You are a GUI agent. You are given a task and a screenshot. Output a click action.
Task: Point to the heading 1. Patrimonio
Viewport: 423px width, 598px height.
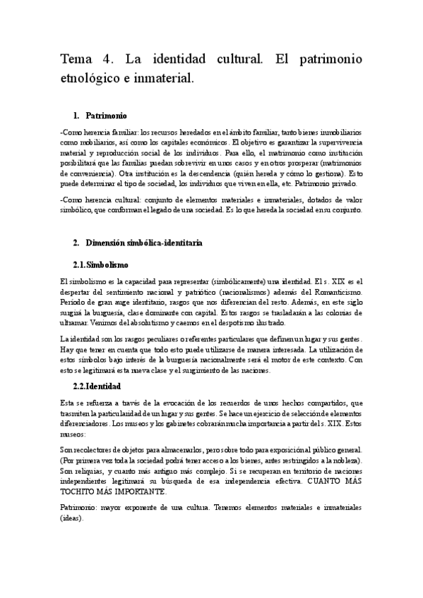(100, 115)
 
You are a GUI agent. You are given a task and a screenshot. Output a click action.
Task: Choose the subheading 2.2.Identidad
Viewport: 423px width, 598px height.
(97, 386)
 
